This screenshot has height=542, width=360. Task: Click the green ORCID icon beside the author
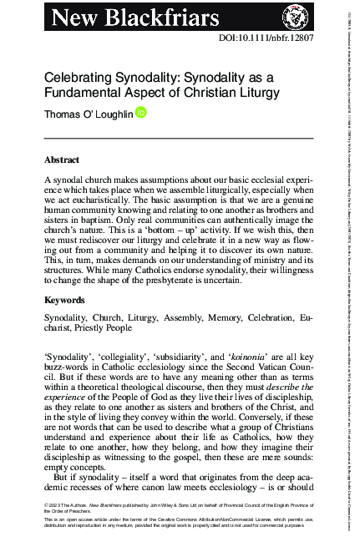point(141,113)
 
